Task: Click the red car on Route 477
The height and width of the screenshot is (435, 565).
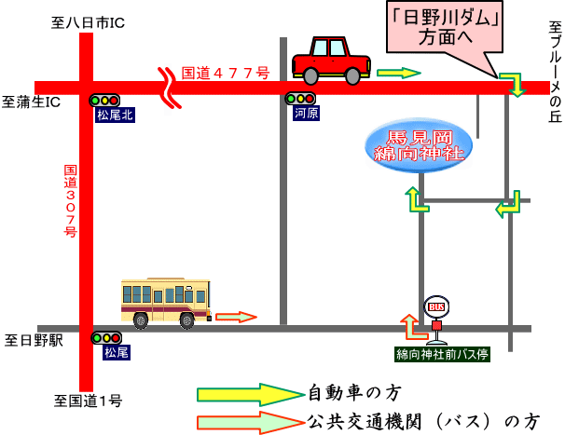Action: coord(331,61)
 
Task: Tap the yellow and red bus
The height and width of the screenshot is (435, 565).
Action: coord(165,302)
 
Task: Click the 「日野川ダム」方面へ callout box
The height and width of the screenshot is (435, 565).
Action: coord(445,30)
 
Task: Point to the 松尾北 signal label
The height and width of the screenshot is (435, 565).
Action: coord(116,116)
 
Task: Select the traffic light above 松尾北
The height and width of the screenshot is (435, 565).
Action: coord(105,100)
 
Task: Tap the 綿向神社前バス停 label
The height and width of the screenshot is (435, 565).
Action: coord(442,354)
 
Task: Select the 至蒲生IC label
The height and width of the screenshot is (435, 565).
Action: coord(32,102)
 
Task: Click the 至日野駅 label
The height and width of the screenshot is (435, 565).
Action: coord(34,340)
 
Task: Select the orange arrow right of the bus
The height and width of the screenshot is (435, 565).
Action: coord(235,317)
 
